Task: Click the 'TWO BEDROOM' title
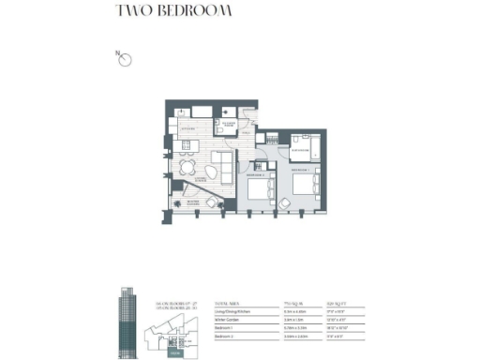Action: coord(173,12)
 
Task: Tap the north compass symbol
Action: coord(125,60)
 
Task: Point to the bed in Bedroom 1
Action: coord(260,191)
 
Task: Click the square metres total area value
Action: coord(292,305)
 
